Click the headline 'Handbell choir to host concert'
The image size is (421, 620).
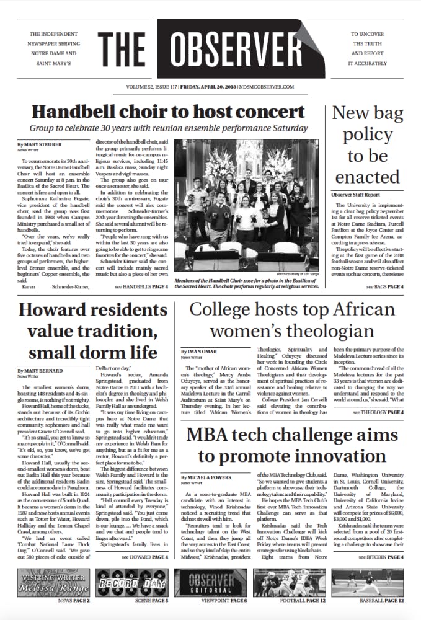click(x=169, y=112)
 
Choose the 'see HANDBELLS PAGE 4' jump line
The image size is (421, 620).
click(x=141, y=288)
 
